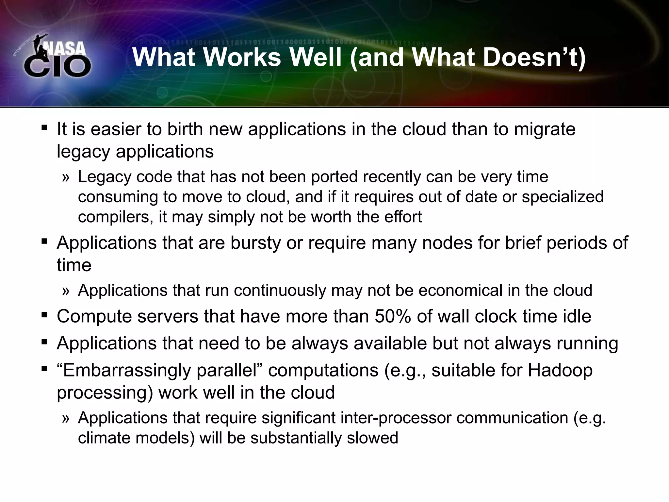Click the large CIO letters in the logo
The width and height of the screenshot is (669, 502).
57,67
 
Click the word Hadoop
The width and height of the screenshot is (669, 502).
560,371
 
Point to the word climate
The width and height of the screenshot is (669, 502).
104,438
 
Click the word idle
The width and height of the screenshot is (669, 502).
578,316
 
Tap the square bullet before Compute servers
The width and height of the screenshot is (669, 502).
44,315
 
